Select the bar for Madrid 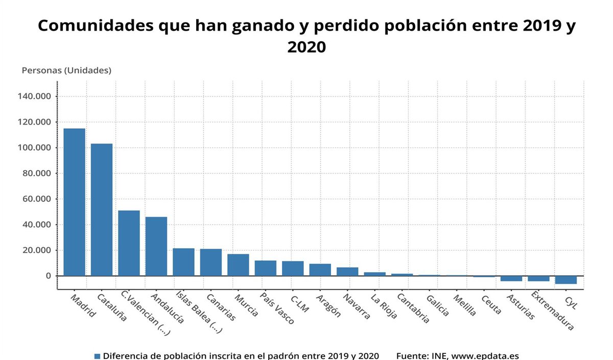click(74, 202)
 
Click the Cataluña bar click(102, 209)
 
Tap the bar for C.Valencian click(129, 243)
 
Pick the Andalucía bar click(156, 246)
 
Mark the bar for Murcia click(238, 265)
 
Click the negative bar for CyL click(566, 280)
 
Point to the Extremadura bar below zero click(538, 279)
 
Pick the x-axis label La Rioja click(384, 306)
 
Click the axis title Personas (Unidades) click(66, 70)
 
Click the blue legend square click(98, 355)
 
